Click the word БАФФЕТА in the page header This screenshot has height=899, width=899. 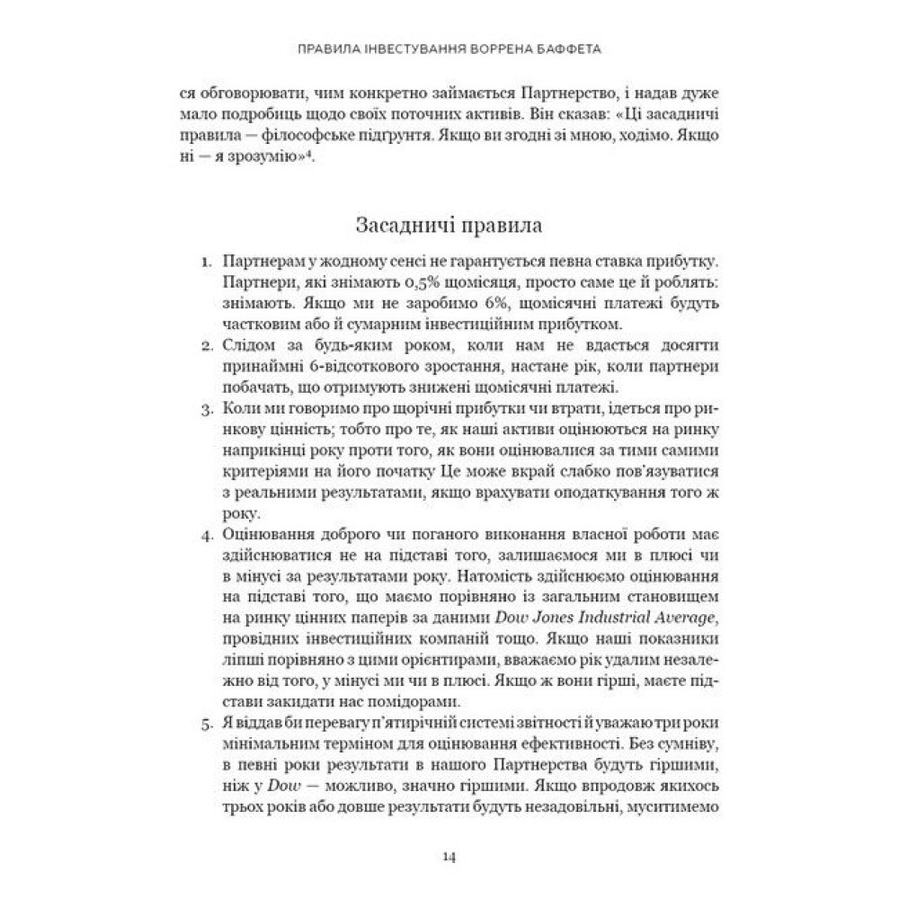565,51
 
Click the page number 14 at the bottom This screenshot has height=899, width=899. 449,855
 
